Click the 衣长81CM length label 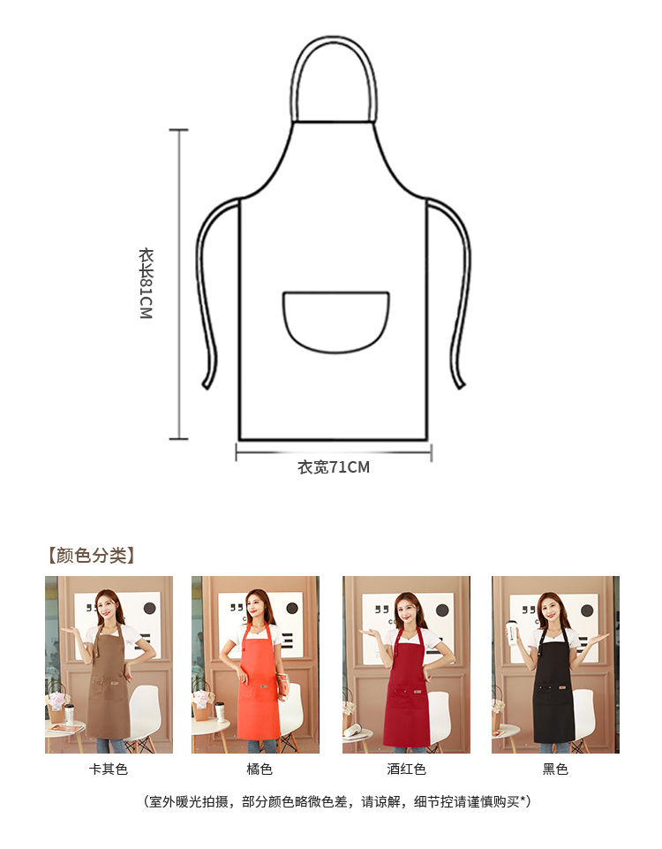[146, 284]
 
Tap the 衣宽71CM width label [334, 467]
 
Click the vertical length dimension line [179, 284]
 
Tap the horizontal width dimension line [334, 451]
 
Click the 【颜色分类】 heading [90, 556]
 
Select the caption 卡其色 [109, 769]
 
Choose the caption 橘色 [260, 769]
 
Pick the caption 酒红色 [406, 769]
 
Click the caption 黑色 [555, 769]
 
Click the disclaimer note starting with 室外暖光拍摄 [336, 802]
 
